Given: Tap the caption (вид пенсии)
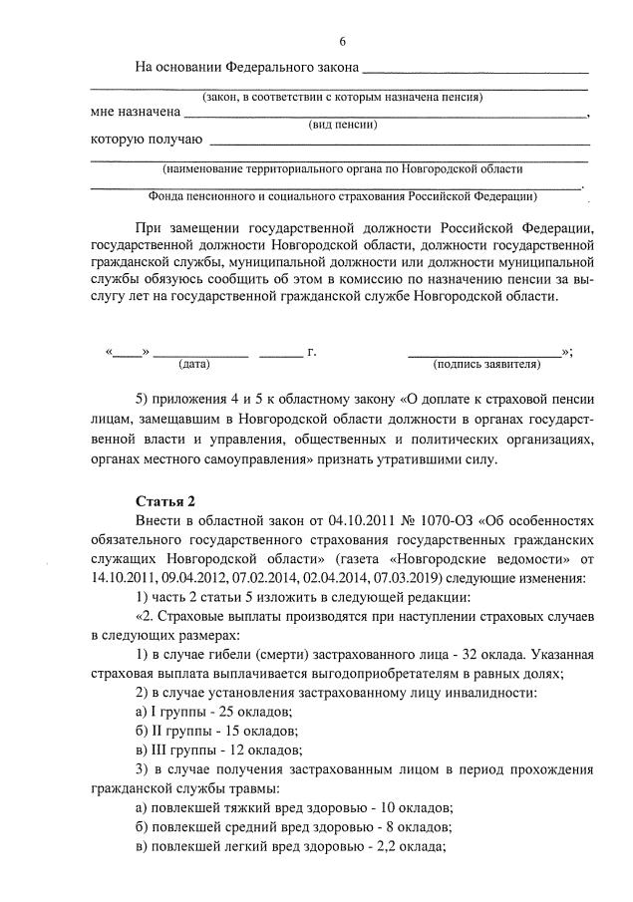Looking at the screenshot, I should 342,126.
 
